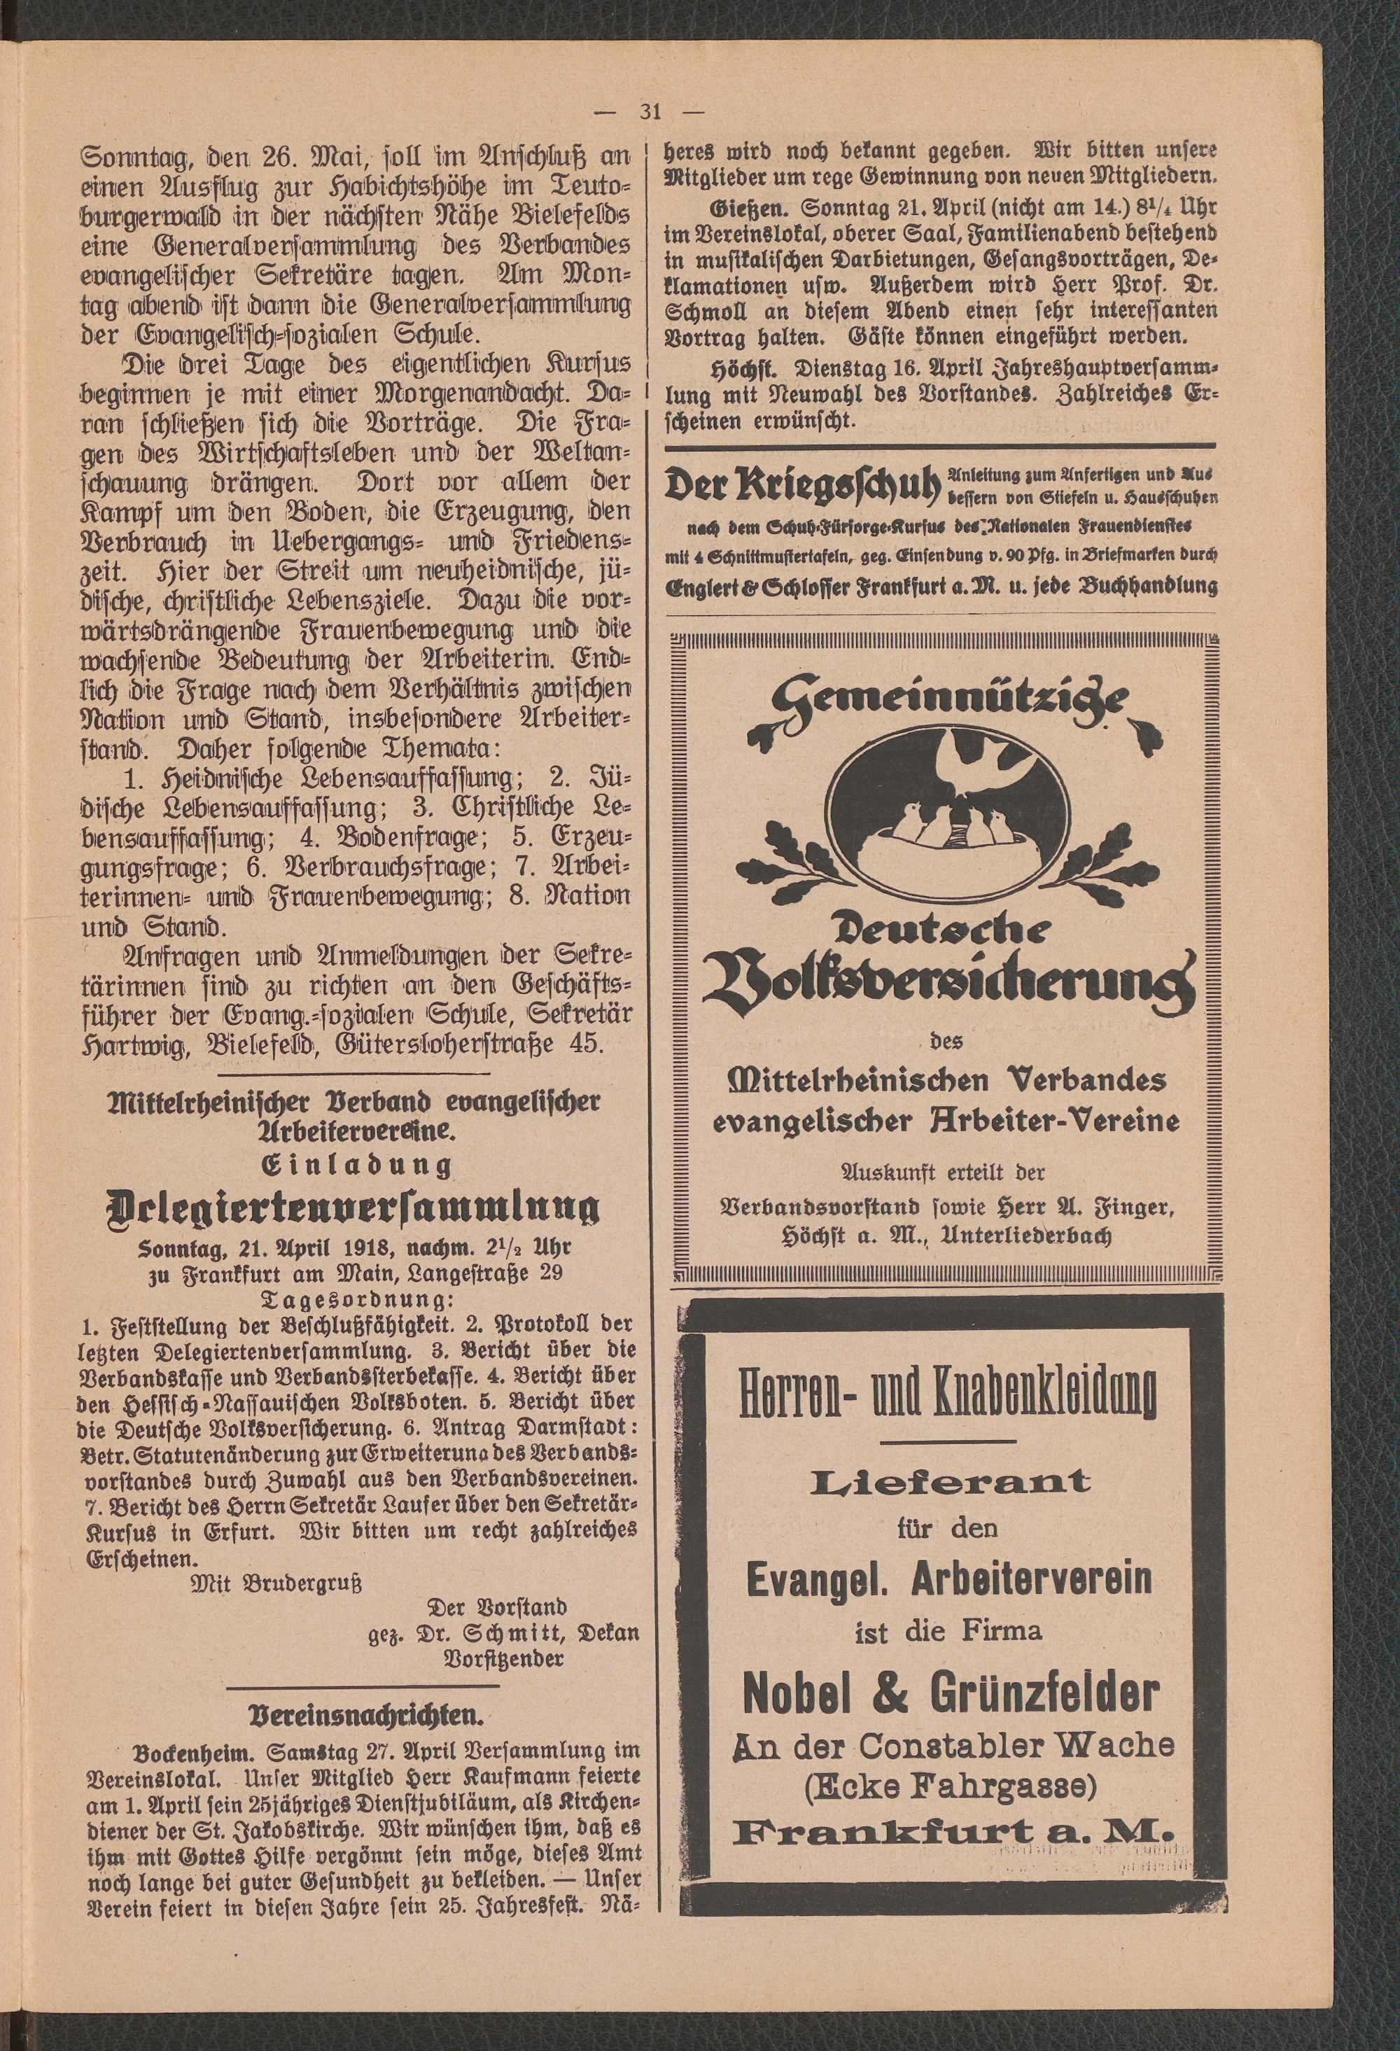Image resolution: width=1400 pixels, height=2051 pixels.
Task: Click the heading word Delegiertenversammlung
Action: point(351,1206)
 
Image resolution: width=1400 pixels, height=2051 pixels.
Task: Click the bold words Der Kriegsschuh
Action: point(805,484)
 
